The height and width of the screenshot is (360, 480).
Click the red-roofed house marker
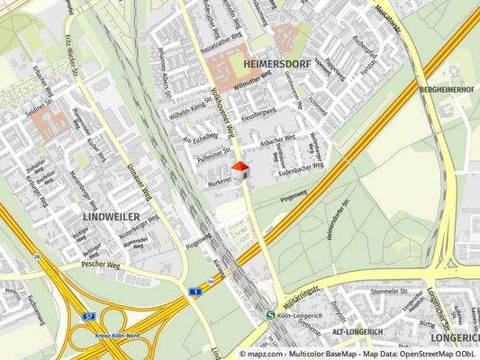(x=240, y=171)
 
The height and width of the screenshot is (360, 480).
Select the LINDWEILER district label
(x=111, y=218)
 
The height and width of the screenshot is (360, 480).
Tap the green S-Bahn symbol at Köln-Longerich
(x=271, y=315)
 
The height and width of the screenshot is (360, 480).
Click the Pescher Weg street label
(x=100, y=265)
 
